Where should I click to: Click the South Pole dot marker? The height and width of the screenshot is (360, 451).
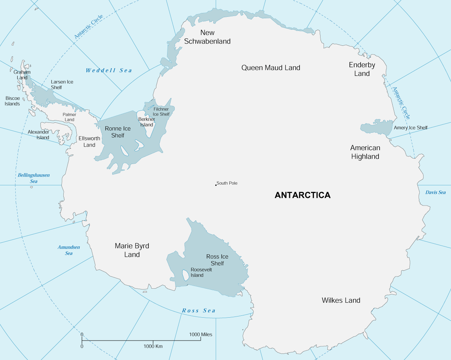point(216,185)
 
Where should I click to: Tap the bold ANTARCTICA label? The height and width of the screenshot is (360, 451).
point(303,195)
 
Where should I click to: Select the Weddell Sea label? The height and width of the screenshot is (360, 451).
point(109,70)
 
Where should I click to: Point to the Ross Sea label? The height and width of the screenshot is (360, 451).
point(198,310)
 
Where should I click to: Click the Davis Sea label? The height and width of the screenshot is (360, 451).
point(435,192)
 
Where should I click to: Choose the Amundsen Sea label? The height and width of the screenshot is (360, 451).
point(69,250)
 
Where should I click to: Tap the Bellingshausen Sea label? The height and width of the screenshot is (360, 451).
point(34,178)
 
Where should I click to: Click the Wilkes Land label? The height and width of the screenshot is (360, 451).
point(341,300)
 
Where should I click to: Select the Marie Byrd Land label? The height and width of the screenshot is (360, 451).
point(132,250)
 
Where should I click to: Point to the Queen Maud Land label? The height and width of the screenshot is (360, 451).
point(271,67)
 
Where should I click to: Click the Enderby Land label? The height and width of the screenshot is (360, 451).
point(362,69)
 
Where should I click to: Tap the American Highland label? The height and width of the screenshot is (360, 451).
point(365,152)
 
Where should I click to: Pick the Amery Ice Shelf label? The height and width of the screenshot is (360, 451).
point(411,128)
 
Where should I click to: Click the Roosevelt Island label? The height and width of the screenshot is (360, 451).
point(201,272)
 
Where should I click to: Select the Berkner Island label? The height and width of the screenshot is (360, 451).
point(147,122)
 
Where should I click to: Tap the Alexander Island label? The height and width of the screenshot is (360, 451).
point(38,135)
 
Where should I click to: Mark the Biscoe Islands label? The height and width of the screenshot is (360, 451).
point(12,101)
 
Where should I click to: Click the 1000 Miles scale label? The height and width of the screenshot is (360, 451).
point(201,334)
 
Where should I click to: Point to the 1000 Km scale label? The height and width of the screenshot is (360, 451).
point(153,346)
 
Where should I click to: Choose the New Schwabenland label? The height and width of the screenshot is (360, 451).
point(207,37)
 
